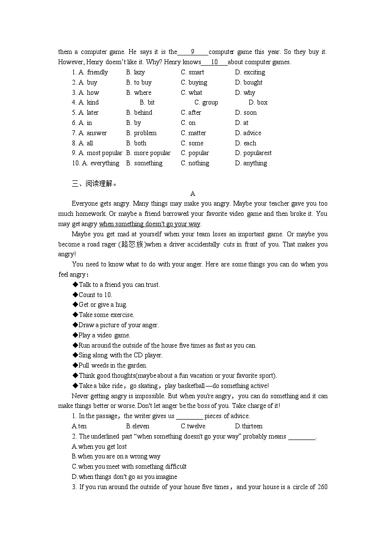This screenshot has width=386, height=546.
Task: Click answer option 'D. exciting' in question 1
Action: click(x=250, y=72)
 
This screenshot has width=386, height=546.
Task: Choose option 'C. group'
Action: click(x=206, y=103)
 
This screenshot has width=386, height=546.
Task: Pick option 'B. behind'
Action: click(x=139, y=113)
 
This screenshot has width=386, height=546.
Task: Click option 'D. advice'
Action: click(x=248, y=133)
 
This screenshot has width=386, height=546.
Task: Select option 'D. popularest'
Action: click(x=253, y=153)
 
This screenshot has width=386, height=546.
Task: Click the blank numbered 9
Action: click(x=193, y=52)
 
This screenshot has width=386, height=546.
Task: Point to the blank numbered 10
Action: click(x=214, y=62)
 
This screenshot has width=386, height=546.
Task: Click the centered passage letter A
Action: click(x=193, y=194)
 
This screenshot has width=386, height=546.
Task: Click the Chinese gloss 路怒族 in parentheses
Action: click(x=134, y=245)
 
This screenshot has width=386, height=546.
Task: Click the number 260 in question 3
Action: click(x=322, y=487)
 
